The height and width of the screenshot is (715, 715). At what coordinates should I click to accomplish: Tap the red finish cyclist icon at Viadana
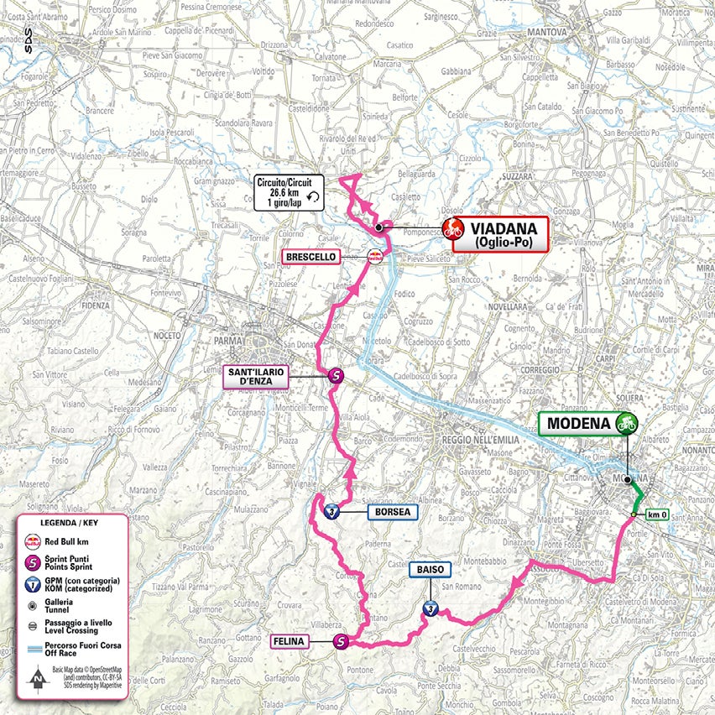454,227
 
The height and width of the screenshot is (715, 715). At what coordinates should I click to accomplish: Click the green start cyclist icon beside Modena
625,423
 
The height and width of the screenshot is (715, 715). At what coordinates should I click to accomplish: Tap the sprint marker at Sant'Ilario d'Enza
335,377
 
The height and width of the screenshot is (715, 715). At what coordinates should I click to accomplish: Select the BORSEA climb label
392,512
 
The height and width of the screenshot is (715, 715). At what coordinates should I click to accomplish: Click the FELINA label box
287,642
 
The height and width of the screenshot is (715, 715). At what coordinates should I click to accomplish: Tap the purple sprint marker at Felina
342,642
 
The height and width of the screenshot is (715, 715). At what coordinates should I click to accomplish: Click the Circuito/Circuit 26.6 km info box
289,193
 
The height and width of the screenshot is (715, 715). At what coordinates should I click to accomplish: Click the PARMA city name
251,342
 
